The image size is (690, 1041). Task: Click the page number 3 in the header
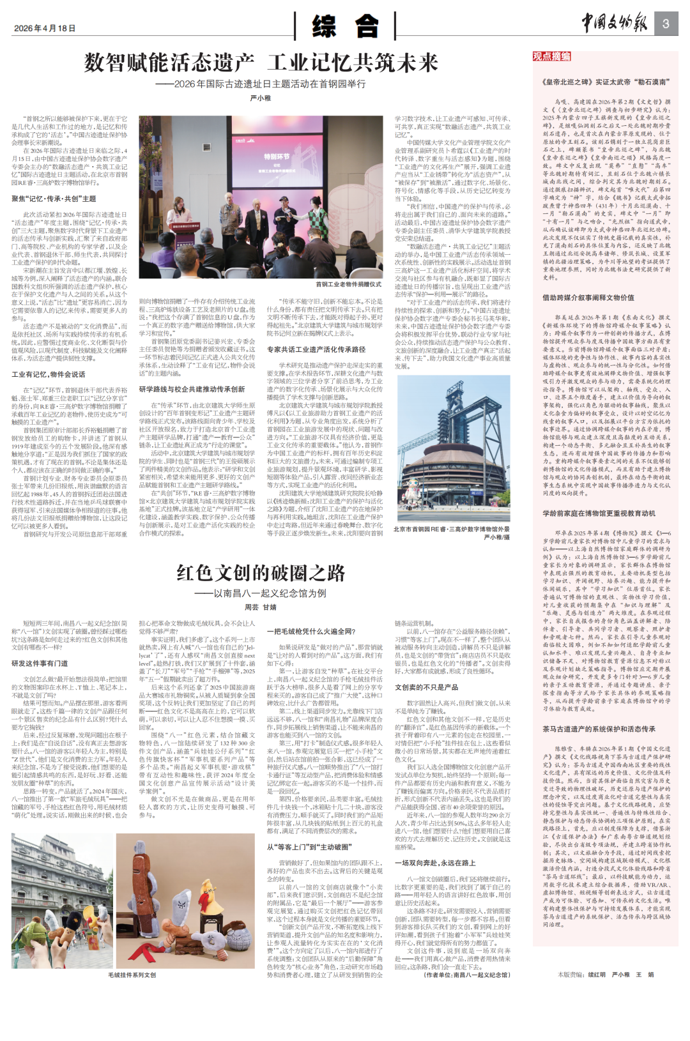coord(665,24)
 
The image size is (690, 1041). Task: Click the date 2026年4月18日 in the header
coord(45,28)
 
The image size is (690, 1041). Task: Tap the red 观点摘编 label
coord(551,56)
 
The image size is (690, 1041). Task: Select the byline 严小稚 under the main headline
coord(261,98)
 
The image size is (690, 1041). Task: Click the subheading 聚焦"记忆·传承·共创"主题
coord(54,199)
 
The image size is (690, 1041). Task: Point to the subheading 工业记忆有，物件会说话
coord(49,374)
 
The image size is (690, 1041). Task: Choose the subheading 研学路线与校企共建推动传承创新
coord(192,389)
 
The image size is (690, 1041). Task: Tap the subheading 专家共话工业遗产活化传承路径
coord(316,349)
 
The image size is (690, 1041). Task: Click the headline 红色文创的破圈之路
coord(261,573)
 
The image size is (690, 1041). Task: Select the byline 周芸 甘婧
coord(261,607)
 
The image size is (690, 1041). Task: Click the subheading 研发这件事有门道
coord(40,664)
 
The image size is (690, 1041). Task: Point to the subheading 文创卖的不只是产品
coord(426,687)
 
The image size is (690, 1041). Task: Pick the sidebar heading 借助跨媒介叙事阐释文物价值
coord(588,298)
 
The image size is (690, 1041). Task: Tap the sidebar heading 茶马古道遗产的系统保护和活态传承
coord(599,729)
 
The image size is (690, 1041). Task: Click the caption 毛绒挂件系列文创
coord(132,975)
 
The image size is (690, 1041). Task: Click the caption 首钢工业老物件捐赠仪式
coord(348,284)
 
